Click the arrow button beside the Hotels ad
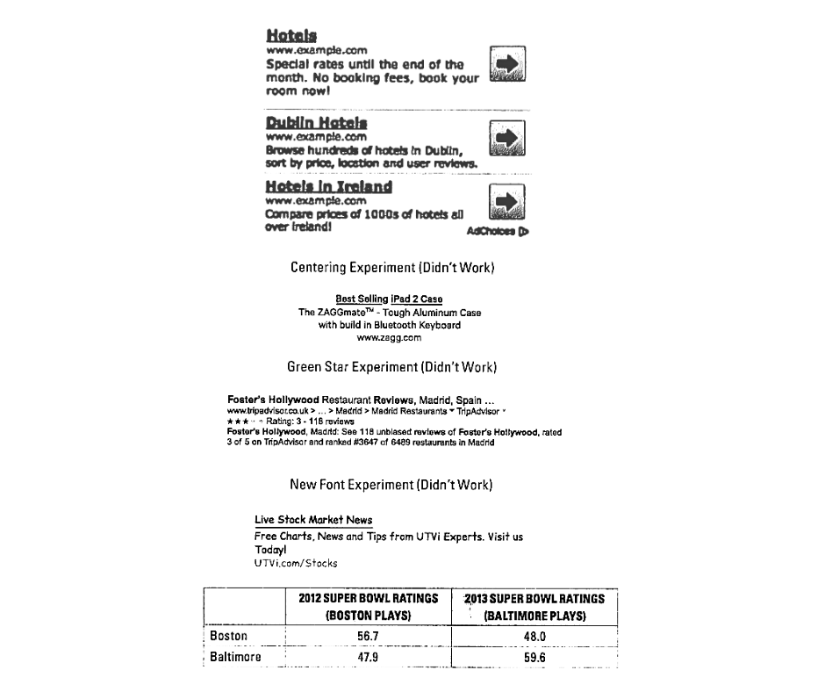coord(506,64)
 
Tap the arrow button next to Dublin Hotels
coord(506,138)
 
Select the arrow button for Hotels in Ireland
coord(506,202)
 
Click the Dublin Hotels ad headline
coord(316,123)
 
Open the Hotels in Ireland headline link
coord(328,187)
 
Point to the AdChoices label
coord(497,232)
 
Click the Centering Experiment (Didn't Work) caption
coord(392,267)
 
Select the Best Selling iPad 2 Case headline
coord(389,299)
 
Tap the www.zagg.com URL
coord(389,337)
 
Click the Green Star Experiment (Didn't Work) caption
coord(391,366)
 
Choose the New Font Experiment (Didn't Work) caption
coord(391,485)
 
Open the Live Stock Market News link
coord(313,520)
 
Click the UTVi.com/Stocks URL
coord(296,563)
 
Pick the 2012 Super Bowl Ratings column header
coord(368,607)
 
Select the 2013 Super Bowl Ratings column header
coord(534,607)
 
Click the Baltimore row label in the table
coord(235,657)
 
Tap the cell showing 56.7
coord(368,636)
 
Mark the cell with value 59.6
coord(534,657)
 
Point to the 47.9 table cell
coord(368,657)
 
